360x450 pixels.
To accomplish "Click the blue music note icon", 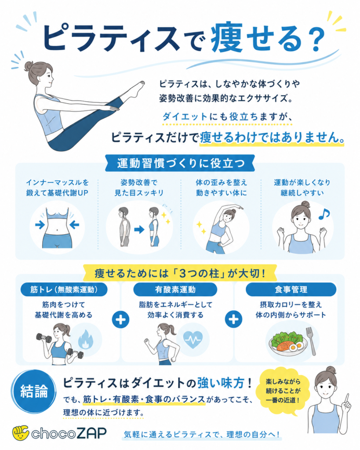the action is [x=324, y=214].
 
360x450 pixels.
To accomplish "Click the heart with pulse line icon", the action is [x=193, y=340].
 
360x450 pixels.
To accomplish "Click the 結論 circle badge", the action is [x=34, y=391].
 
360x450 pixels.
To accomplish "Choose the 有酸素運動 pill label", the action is [x=175, y=290].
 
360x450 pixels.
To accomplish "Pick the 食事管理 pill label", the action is [x=291, y=290].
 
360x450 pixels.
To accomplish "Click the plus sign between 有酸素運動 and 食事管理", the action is [x=234, y=319].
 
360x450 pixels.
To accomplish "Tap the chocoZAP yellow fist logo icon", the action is [x=20, y=433].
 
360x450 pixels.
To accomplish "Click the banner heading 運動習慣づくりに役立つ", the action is [x=180, y=163].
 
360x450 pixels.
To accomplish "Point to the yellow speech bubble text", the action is [x=283, y=391].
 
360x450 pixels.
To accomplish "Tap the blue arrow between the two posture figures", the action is [x=139, y=229].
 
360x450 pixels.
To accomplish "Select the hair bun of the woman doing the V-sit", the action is [x=29, y=66].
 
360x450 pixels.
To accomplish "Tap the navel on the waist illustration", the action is [x=58, y=230].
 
